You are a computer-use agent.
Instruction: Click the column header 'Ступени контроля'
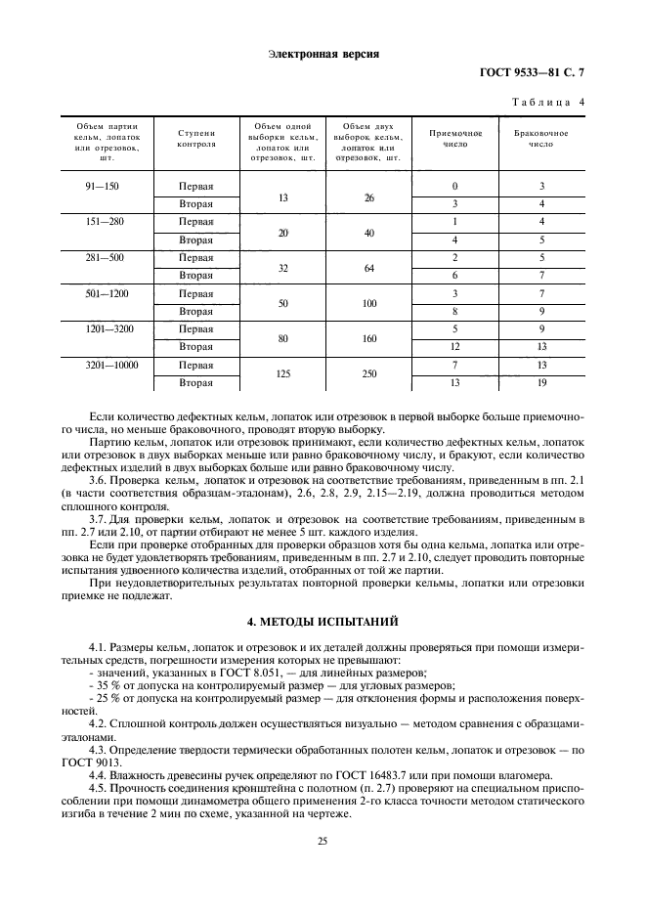[x=196, y=138]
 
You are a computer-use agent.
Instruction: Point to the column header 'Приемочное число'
[x=454, y=138]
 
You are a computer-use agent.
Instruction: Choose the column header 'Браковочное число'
[x=541, y=138]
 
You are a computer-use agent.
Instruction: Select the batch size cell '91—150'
[x=104, y=186]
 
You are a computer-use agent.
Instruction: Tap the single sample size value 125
[x=282, y=373]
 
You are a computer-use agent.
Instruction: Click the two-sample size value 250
[x=369, y=373]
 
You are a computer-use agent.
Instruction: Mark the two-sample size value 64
[x=369, y=266]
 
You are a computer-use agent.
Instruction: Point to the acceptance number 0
[x=454, y=186]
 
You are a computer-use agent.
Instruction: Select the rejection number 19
[x=541, y=382]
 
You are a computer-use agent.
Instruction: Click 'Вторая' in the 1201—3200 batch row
[x=196, y=347]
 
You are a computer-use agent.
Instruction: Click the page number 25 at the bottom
[x=323, y=840]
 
